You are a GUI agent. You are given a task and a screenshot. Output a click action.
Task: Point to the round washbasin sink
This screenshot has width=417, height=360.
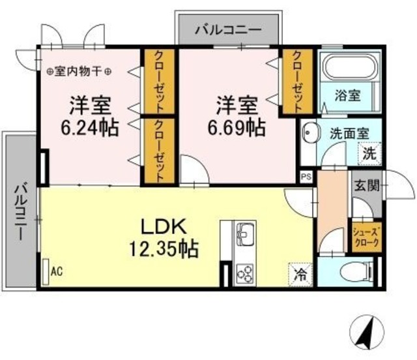311,135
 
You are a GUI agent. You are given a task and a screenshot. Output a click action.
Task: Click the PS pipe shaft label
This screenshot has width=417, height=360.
306,175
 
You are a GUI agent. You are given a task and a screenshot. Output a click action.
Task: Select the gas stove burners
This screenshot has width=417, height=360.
245,270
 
